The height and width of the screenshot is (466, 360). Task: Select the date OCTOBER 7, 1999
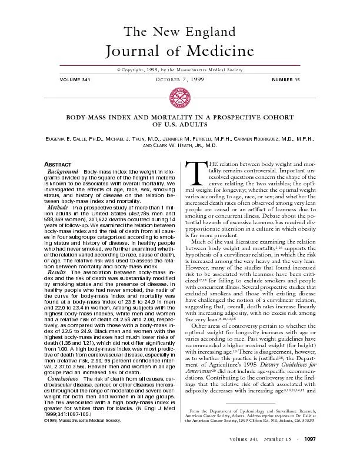(180, 79)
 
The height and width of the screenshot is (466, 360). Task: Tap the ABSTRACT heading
(59, 163)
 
